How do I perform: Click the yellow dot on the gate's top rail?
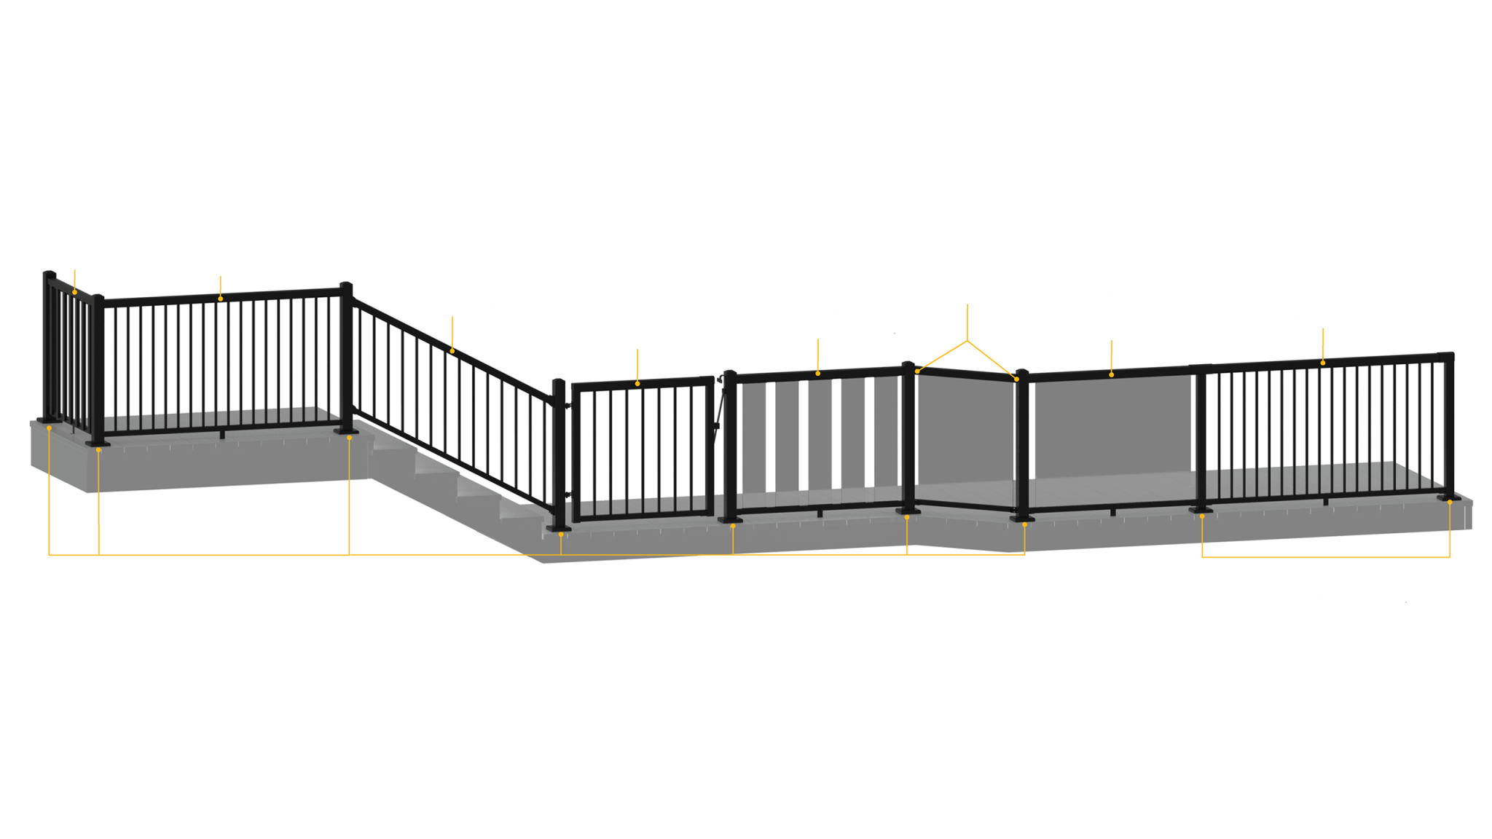tap(637, 383)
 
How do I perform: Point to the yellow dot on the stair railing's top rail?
tap(452, 351)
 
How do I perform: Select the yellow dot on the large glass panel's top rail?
tap(1112, 374)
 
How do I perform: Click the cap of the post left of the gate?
tap(559, 381)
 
